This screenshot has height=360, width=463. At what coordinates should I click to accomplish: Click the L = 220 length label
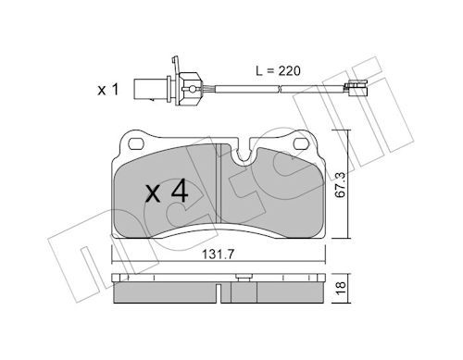pyautogui.click(x=278, y=71)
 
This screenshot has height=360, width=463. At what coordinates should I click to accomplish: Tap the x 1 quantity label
pyautogui.click(x=108, y=90)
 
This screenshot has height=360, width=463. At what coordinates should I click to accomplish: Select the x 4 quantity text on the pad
pyautogui.click(x=167, y=192)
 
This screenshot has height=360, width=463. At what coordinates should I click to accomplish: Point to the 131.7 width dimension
pyautogui.click(x=219, y=254)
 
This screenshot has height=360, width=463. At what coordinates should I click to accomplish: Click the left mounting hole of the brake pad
pyautogui.click(x=137, y=143)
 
